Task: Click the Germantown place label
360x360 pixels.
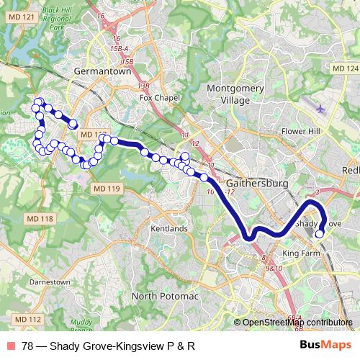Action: pos(102,72)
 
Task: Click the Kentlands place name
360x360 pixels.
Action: pos(169,228)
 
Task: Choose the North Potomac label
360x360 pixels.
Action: pos(163,296)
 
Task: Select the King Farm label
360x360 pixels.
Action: pos(300,254)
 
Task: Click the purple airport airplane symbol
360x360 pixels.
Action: pos(320,109)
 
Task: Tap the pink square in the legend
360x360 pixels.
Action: pos(12,346)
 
